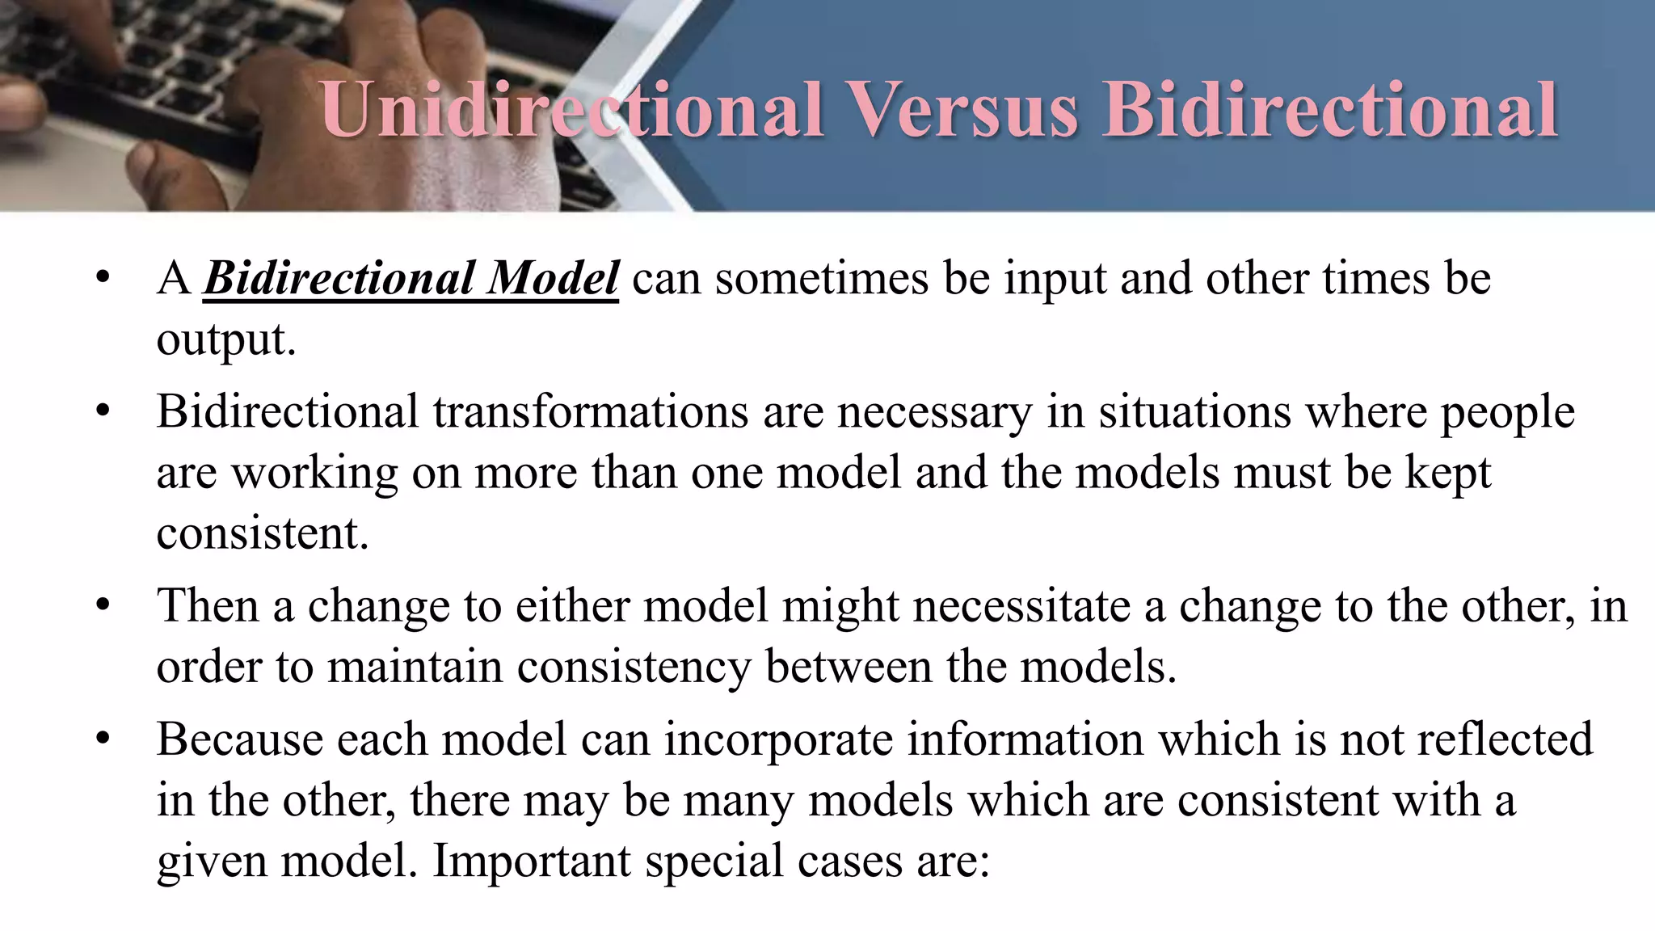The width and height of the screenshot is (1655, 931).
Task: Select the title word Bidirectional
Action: pos(1330,110)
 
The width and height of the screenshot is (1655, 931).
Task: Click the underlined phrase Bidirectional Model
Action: pos(411,278)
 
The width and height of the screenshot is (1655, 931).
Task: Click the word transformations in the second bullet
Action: pos(590,411)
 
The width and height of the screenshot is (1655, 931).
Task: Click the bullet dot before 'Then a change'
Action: pos(102,605)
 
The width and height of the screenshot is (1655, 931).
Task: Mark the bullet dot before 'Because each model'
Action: pos(102,739)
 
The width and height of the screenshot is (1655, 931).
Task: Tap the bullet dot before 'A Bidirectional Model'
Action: pos(102,278)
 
